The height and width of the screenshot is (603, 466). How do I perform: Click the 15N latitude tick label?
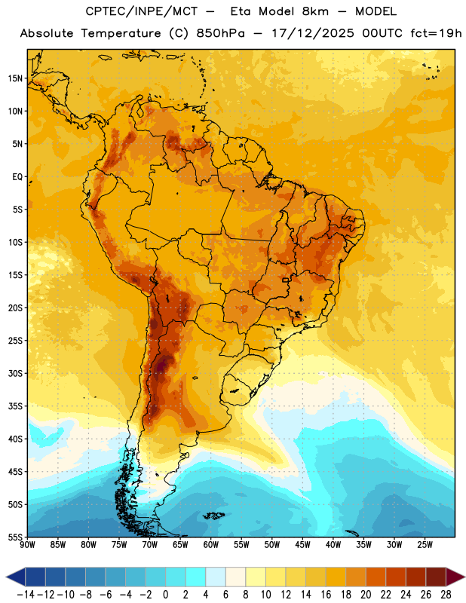pos(15,78)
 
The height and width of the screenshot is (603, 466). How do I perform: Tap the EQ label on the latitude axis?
pos(17,177)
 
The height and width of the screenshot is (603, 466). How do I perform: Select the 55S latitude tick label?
pos(15,537)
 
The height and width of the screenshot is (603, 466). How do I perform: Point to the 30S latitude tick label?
pos(15,373)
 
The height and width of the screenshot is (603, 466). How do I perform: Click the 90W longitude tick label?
pos(28,544)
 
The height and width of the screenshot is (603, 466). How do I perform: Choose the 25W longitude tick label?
pos(425,544)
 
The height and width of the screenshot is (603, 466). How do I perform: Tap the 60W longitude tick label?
pos(211,544)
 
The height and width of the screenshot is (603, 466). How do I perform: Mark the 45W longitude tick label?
pos(302,544)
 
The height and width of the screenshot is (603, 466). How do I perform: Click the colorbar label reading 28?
pos(446,595)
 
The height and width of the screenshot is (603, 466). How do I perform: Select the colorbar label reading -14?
pos(26,595)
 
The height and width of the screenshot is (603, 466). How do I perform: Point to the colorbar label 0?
pos(165,595)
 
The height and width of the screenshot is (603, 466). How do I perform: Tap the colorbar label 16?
pos(326,595)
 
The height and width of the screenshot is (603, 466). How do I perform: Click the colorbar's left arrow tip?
pos(6,577)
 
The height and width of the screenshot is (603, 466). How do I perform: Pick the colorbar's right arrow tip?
pos(464,577)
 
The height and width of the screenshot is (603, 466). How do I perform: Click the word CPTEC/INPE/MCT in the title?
pos(142,11)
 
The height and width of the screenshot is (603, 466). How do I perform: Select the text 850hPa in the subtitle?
pos(220,33)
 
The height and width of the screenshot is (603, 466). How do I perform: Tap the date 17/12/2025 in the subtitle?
pos(313,33)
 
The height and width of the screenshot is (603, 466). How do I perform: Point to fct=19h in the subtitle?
pos(436,33)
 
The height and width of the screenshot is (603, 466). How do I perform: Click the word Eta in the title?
pos(241,11)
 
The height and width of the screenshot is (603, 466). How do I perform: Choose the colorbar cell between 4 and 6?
pos(216,577)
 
